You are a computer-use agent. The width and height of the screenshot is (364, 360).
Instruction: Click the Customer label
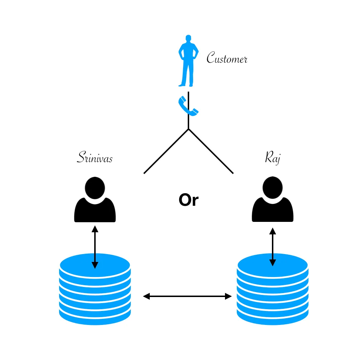[227, 58]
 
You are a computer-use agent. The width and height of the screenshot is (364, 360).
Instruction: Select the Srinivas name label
[95, 158]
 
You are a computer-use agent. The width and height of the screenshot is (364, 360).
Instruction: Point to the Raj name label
[272, 157]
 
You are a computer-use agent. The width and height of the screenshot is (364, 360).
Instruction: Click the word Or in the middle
[188, 201]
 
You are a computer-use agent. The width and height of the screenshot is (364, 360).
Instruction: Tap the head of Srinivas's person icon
[95, 188]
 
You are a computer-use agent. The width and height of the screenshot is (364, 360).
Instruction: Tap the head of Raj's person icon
[273, 188]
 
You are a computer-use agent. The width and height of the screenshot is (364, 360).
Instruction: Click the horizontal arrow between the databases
[187, 296]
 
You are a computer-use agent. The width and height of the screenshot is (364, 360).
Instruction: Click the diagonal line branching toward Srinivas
[166, 151]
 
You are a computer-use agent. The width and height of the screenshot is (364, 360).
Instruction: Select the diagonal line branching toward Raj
[211, 151]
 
